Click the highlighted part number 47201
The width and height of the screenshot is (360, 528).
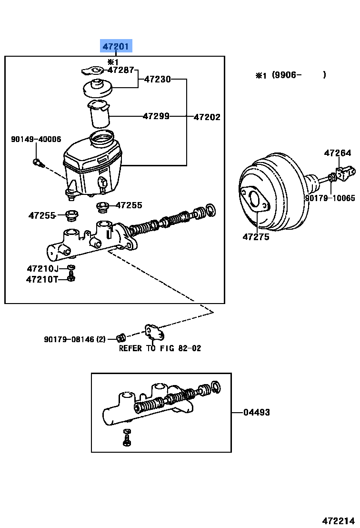pyautogui.click(x=116, y=46)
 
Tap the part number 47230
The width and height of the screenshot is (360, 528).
pyautogui.click(x=157, y=79)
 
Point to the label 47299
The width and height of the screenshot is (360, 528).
pyautogui.click(x=156, y=116)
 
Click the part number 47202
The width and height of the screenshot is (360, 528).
pyautogui.click(x=207, y=117)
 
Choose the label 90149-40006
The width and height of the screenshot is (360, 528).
pyautogui.click(x=36, y=139)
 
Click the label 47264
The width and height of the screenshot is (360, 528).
pyautogui.click(x=338, y=153)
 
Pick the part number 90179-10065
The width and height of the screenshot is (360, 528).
pyautogui.click(x=330, y=198)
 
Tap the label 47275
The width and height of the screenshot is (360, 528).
pyautogui.click(x=256, y=236)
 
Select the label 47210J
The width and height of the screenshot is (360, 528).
pyautogui.click(x=42, y=268)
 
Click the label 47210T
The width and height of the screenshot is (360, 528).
pyautogui.click(x=41, y=279)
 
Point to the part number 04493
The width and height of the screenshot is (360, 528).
pyautogui.click(x=256, y=412)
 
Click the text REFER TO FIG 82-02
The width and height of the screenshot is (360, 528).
pyautogui.click(x=160, y=348)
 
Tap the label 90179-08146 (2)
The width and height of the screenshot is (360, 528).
pyautogui.click(x=75, y=339)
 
